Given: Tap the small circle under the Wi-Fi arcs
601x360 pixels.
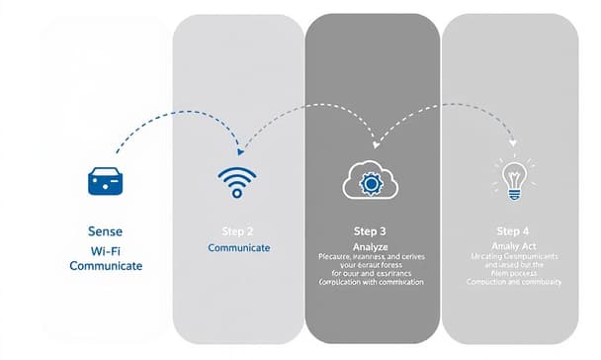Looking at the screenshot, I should (236, 195).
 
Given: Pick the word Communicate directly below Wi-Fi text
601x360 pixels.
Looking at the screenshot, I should (106, 266).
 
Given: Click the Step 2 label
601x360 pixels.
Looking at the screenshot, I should (236, 229).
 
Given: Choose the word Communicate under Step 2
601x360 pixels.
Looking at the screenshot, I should (238, 247).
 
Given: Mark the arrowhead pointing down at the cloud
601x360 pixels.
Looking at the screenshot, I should (373, 139).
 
